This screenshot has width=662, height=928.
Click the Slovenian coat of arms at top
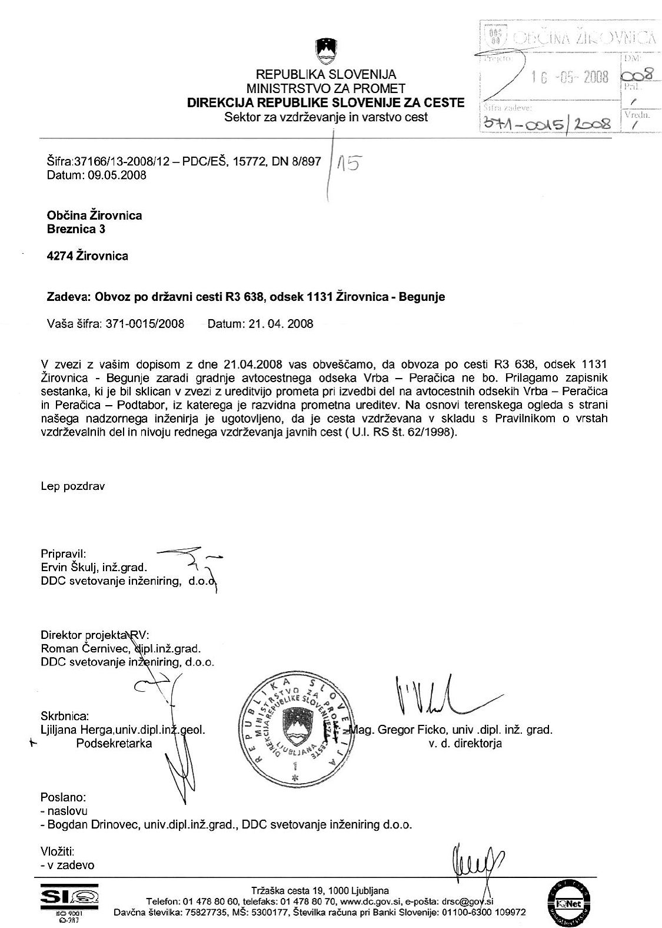[325, 51]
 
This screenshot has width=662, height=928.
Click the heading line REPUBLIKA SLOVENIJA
[325, 75]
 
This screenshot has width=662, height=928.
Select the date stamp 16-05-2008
[569, 79]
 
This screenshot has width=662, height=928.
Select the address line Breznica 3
[76, 229]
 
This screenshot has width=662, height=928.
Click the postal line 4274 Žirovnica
[87, 256]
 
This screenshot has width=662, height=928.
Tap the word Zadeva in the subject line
[65, 297]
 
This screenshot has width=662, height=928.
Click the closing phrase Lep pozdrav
[73, 486]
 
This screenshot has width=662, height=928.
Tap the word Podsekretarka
[114, 743]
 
